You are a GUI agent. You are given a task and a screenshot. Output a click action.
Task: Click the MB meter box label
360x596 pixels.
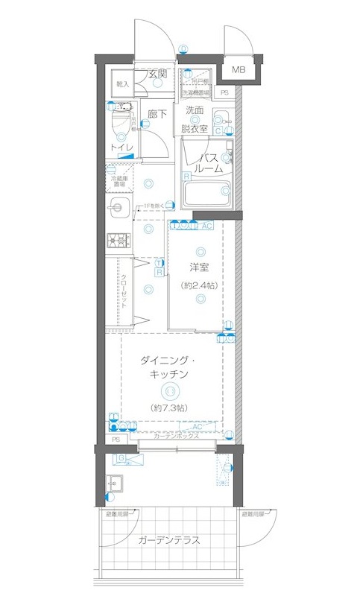coord(238,71)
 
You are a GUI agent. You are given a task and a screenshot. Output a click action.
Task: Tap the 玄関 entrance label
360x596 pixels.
coord(157,73)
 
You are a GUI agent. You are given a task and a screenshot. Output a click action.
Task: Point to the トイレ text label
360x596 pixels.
coord(121,148)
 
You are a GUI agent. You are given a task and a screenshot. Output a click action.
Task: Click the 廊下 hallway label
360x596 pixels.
coord(157,114)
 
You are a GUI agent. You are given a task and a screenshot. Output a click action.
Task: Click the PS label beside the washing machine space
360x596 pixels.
coord(224,92)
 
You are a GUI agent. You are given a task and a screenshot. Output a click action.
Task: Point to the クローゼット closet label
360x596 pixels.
coord(124,291)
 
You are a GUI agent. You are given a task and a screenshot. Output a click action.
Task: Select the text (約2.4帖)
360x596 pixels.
coord(198,285)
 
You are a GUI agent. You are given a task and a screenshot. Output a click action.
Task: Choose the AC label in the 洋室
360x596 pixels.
coord(206,226)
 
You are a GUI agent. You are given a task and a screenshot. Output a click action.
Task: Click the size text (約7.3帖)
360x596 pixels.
coord(171,408)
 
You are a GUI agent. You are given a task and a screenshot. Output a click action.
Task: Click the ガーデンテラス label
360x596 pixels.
coord(168,541)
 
